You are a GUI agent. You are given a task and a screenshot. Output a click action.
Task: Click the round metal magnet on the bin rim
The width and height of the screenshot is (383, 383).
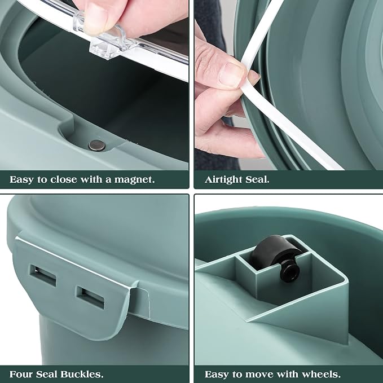(97, 146)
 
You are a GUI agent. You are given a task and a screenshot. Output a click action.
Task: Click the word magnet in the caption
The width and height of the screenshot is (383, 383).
(134, 180)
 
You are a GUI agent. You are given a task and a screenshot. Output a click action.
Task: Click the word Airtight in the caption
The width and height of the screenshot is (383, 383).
(223, 180)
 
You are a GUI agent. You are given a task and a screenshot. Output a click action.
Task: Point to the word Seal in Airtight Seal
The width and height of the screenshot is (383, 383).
(257, 180)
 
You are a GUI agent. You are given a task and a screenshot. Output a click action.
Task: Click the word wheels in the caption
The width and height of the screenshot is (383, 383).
(320, 374)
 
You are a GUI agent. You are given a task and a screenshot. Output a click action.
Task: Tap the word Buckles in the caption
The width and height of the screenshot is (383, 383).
(82, 374)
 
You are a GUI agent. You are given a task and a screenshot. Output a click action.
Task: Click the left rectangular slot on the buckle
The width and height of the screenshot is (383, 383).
(43, 275)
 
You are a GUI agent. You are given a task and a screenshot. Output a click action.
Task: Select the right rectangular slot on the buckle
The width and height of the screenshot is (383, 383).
(90, 297)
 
